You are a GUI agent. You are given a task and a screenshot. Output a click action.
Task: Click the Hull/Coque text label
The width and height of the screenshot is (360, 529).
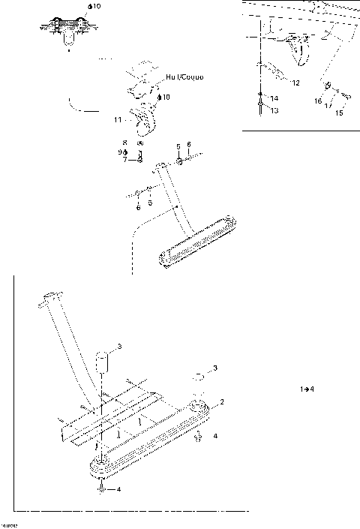185,77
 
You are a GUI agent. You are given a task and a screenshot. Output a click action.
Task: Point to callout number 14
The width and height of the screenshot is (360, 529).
274,98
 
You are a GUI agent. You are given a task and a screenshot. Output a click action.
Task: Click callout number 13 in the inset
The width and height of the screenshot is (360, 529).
274,110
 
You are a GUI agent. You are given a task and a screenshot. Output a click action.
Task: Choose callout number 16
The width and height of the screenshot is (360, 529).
318,100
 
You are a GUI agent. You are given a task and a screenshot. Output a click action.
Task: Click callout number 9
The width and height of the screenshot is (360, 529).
120,152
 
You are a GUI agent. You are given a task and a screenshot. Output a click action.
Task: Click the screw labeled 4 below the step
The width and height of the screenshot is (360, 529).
100,489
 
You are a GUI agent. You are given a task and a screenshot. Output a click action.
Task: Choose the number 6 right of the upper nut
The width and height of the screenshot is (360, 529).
189,144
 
